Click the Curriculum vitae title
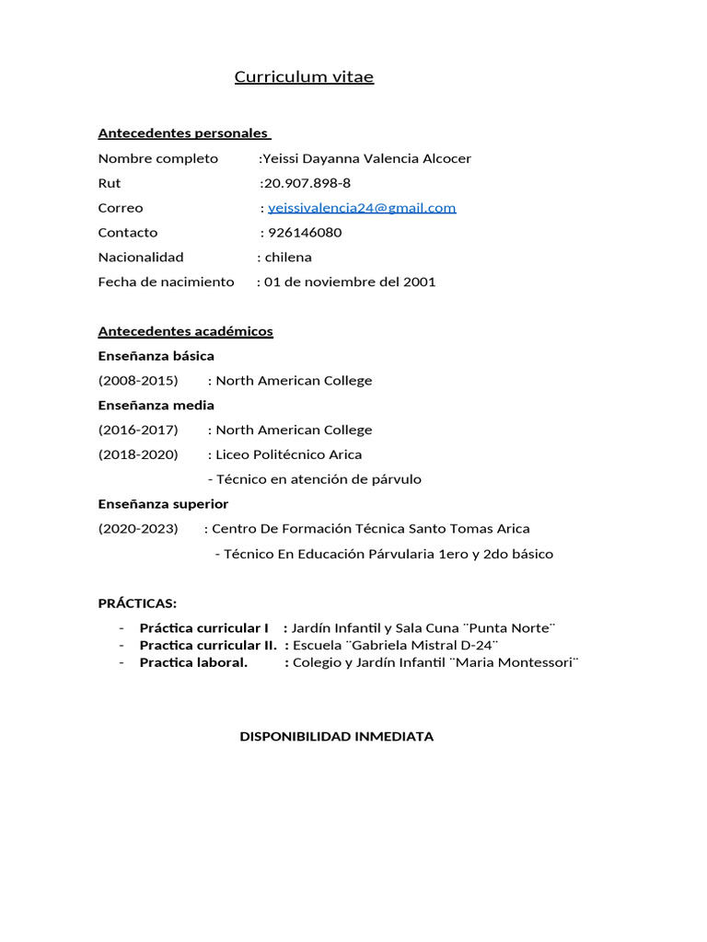(x=304, y=77)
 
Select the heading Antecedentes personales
(x=183, y=133)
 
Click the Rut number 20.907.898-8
(x=307, y=183)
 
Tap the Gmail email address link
(x=362, y=208)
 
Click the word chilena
(x=288, y=258)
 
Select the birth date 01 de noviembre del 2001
(x=350, y=282)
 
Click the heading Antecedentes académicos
(x=185, y=331)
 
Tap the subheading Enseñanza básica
(x=156, y=356)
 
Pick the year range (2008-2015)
(x=138, y=381)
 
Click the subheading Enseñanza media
(x=156, y=406)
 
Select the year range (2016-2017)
(x=138, y=431)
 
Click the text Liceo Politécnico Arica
(x=289, y=454)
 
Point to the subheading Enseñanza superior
(x=163, y=504)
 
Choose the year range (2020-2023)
(x=138, y=529)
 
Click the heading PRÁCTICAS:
(x=137, y=603)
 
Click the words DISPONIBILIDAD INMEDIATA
(x=336, y=737)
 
